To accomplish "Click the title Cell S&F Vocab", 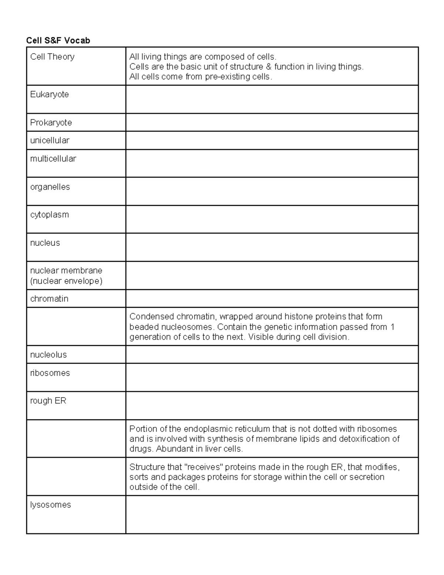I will pos(58,40).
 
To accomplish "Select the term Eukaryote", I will pos(50,94).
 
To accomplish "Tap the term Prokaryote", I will pos(51,123).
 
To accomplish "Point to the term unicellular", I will pos(50,140).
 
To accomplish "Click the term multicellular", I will pos(53,158).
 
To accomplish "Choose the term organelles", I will pos(50,187).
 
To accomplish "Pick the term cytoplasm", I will pos(50,215).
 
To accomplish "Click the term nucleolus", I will pos(48,355).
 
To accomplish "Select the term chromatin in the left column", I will pos(49,299).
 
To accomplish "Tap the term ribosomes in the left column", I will pos(50,373).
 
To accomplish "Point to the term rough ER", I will pos(48,401).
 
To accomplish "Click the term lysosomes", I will pos(50,505).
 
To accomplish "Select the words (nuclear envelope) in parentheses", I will pos(66,281).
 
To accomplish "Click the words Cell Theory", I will pos(52,57).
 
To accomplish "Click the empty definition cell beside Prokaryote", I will pos(272,123).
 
